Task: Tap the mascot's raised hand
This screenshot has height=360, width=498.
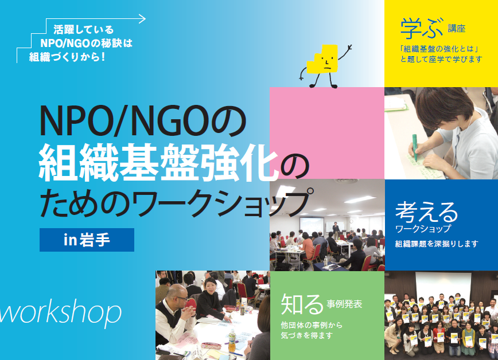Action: click(x=349, y=48)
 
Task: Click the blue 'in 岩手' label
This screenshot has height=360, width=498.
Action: click(x=87, y=240)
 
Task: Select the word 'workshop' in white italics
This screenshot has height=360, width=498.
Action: click(x=60, y=312)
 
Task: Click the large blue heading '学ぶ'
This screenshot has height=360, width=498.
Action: click(x=421, y=29)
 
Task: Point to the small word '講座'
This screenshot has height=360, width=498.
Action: click(x=457, y=29)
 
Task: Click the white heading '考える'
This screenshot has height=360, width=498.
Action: click(x=426, y=212)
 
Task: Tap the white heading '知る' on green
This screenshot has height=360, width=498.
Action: click(x=302, y=304)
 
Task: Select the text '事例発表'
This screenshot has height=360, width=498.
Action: click(x=344, y=304)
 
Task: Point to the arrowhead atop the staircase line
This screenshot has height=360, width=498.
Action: click(x=142, y=19)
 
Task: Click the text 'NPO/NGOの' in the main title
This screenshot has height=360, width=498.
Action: click(x=142, y=122)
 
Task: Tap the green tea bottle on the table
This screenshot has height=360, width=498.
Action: click(x=232, y=341)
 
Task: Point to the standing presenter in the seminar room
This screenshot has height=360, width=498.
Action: click(x=336, y=230)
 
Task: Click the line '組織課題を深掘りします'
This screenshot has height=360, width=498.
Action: click(x=437, y=244)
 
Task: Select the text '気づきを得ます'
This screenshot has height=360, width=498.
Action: click(x=306, y=335)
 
